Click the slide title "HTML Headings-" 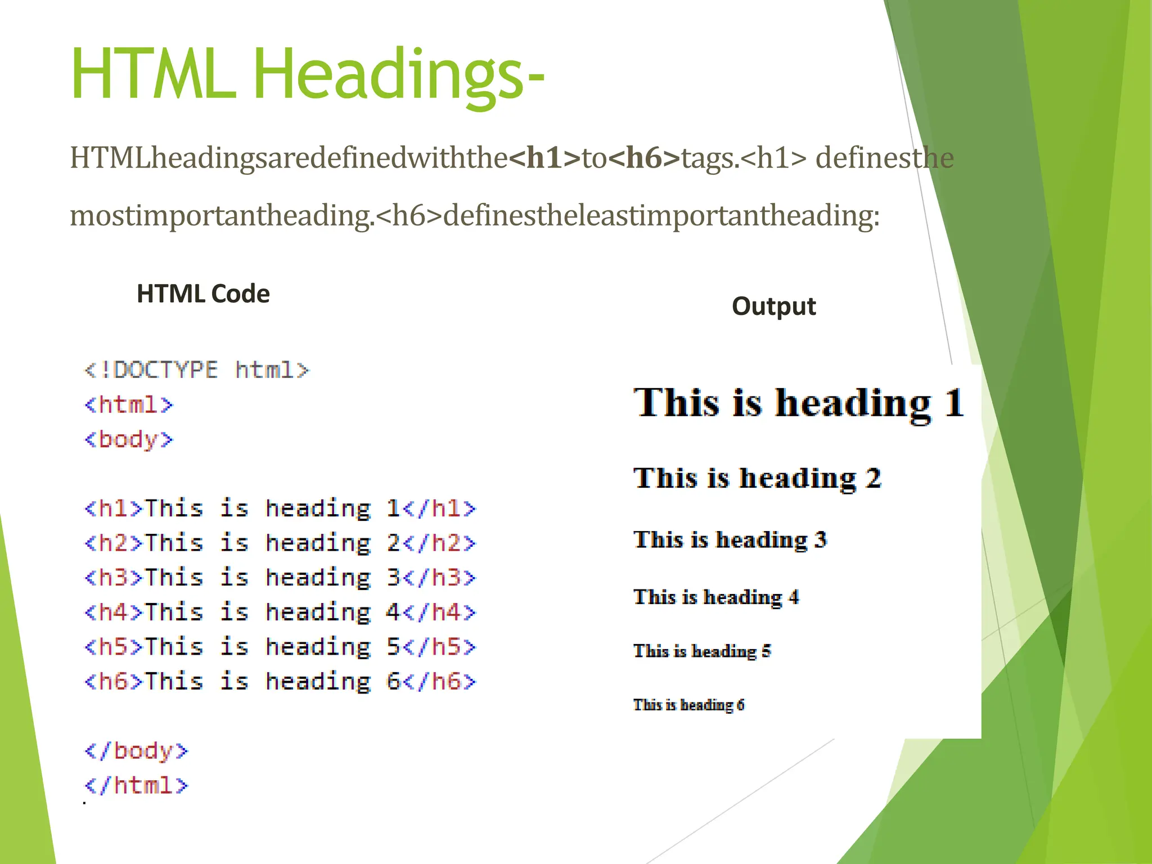coord(307,74)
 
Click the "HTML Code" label coord(203,294)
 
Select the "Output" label coord(773,307)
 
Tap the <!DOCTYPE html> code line coord(196,370)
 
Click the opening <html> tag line coord(129,405)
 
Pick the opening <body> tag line coord(129,440)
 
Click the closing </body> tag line coord(136,751)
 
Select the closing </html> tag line coord(136,786)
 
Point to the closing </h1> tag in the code coord(439,509)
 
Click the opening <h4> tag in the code coord(114,613)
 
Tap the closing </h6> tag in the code coord(439,682)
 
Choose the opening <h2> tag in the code coord(114,543)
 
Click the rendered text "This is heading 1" coord(799,403)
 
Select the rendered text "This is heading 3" coord(730,540)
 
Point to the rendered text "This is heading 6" coord(688,705)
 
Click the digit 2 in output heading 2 coord(873,478)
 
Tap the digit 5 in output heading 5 coord(766,651)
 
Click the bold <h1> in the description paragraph coord(544,158)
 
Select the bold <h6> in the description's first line coord(645,158)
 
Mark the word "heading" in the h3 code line coord(318,578)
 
